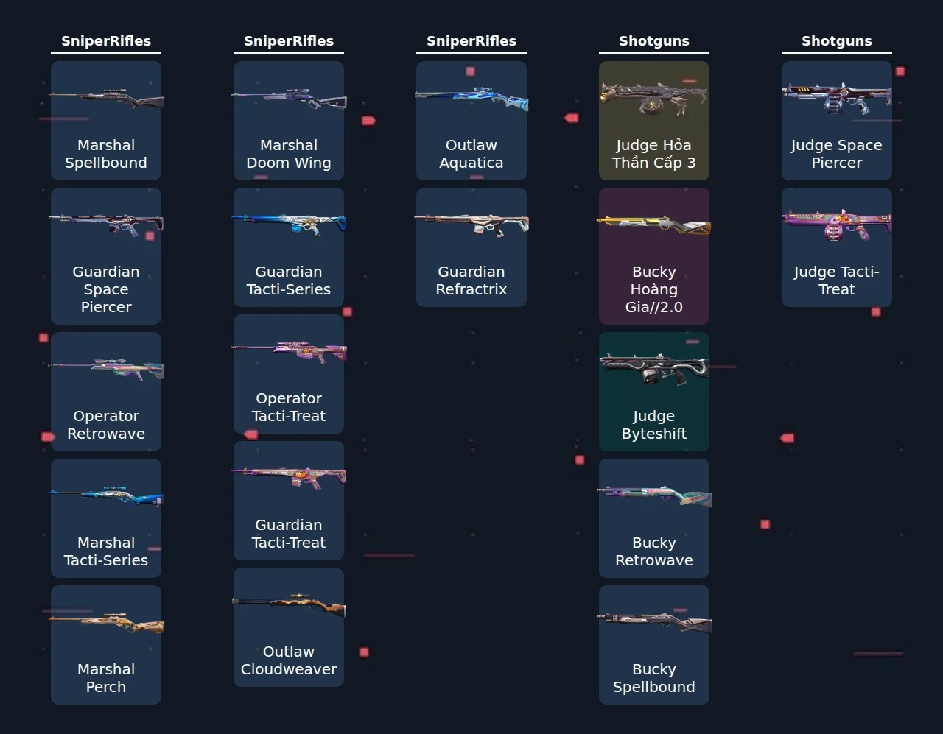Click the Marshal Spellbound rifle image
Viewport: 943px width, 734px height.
[106, 99]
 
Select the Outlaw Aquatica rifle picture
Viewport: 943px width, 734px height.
[471, 99]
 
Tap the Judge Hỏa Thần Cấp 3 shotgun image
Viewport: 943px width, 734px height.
[654, 99]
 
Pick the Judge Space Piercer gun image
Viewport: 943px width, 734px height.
[837, 98]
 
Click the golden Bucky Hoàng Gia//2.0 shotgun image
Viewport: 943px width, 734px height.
[654, 225]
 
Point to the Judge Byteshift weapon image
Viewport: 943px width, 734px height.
[654, 370]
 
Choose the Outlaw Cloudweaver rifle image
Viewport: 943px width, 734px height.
[289, 604]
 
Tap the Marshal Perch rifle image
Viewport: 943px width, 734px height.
[106, 623]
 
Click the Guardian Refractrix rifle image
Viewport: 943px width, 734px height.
[471, 225]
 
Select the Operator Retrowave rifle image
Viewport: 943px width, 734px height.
[106, 370]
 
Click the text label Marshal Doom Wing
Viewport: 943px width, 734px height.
[289, 154]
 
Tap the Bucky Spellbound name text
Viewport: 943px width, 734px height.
[654, 678]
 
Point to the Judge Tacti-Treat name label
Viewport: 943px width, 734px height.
[837, 280]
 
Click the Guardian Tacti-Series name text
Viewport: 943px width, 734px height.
[289, 280]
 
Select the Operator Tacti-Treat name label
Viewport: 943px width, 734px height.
[289, 407]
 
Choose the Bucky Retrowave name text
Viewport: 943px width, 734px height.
[654, 551]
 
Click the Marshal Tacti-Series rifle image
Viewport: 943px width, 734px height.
[106, 496]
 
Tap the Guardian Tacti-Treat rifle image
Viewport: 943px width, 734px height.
[289, 478]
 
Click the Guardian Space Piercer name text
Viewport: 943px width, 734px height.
[106, 289]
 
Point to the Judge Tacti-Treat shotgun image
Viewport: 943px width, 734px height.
[837, 225]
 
